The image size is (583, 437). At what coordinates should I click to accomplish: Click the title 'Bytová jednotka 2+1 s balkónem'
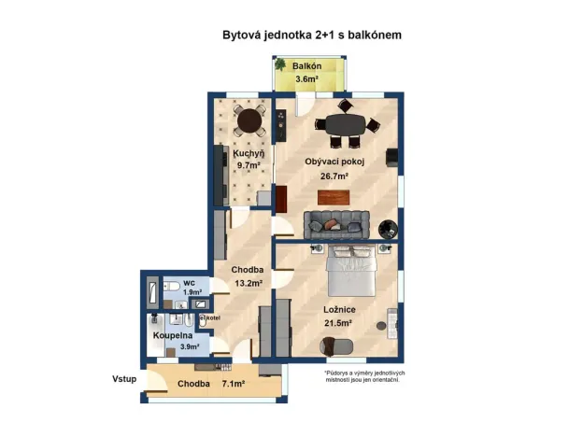click(x=312, y=35)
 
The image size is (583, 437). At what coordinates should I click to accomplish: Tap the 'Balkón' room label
click(x=307, y=67)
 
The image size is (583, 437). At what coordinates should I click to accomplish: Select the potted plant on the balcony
click(x=280, y=65)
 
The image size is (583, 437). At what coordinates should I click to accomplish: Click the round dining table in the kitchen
click(x=249, y=120)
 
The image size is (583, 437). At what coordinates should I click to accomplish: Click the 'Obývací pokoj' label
click(x=334, y=162)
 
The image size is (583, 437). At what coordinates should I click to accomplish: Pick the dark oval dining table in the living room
click(x=348, y=124)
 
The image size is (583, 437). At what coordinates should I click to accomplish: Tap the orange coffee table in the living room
click(x=334, y=196)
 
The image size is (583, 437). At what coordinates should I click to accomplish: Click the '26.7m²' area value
click(x=334, y=175)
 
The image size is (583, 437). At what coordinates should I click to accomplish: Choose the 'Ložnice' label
click(x=337, y=310)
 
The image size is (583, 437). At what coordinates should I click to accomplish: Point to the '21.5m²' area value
click(x=337, y=323)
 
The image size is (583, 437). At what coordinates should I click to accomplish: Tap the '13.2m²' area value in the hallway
click(x=248, y=283)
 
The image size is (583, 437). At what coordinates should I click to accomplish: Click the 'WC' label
click(x=189, y=282)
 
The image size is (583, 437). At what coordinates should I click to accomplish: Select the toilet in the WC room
click(x=173, y=288)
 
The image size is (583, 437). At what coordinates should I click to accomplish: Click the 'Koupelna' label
click(x=173, y=334)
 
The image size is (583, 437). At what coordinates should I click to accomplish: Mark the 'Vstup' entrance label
click(x=125, y=379)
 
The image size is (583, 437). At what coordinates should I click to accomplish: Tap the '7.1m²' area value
click(x=233, y=384)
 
